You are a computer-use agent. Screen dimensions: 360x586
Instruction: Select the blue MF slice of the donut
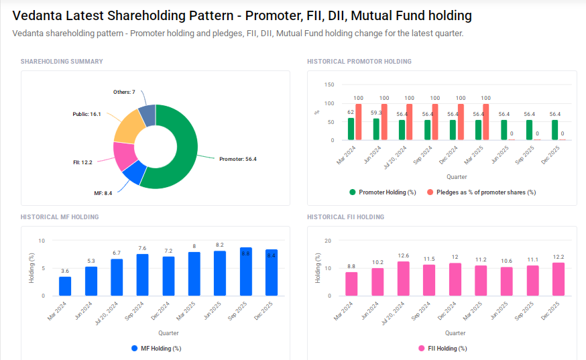[x=133, y=173]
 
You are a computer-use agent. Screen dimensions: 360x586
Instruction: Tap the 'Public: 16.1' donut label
[x=86, y=115]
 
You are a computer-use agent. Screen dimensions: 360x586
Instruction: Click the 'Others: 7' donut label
[x=124, y=92]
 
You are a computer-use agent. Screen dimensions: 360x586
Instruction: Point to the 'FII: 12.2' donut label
[x=83, y=162]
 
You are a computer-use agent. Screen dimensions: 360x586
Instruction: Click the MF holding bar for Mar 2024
[x=65, y=286]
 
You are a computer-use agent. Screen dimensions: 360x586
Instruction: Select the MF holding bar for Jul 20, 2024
[x=117, y=277]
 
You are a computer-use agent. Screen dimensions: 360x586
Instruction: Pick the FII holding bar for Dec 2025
[x=558, y=279]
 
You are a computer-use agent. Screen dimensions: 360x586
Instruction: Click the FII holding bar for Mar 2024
[x=351, y=284]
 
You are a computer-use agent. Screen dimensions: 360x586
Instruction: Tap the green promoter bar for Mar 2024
[x=351, y=129]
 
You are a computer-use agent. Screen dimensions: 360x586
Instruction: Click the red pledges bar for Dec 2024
[x=461, y=122]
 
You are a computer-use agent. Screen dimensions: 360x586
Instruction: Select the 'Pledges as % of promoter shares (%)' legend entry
[x=481, y=192]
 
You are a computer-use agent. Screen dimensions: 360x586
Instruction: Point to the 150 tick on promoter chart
[x=329, y=85]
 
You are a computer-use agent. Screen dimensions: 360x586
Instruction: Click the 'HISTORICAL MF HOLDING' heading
[x=60, y=217]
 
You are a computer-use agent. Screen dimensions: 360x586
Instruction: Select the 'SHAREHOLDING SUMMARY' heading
[x=62, y=62]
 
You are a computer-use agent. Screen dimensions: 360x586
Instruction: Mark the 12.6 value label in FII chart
[x=403, y=255]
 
